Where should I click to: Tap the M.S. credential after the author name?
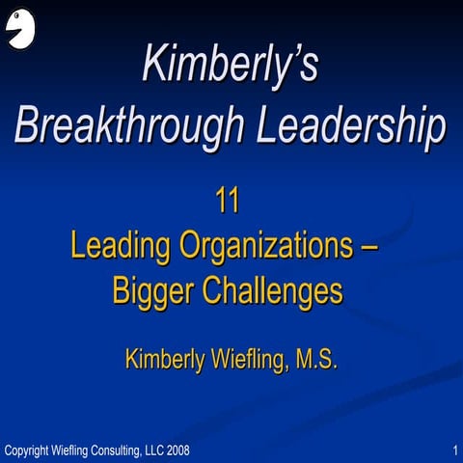313,360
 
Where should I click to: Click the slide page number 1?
453,450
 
